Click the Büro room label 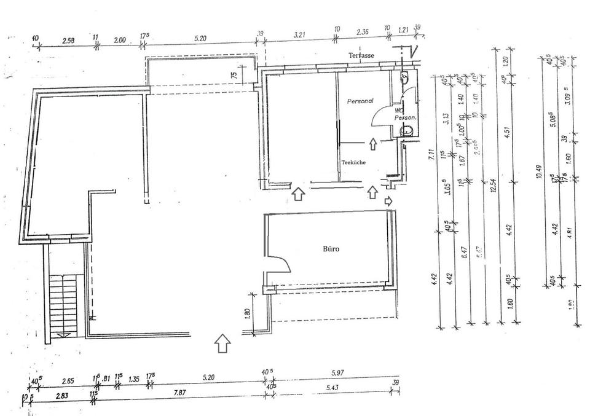click(x=331, y=249)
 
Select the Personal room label click(x=360, y=101)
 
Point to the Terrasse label click(x=362, y=55)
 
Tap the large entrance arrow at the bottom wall click(x=222, y=343)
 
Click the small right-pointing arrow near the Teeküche click(x=388, y=200)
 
